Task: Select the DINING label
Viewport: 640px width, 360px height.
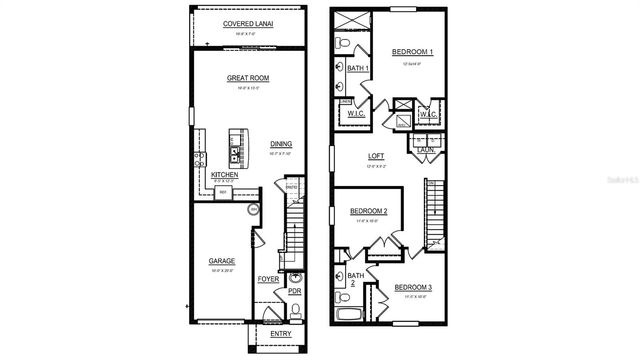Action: point(281,144)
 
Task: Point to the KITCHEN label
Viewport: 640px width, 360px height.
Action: point(224,174)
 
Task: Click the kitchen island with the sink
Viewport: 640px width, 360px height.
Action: point(237,147)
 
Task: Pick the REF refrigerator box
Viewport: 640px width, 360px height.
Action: point(225,191)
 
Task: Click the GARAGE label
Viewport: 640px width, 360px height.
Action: point(222,261)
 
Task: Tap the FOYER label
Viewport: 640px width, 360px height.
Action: point(268,279)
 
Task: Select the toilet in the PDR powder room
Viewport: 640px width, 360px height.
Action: point(295,309)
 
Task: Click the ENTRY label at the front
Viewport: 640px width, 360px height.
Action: point(267,333)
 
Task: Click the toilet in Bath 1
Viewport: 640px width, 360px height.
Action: point(342,46)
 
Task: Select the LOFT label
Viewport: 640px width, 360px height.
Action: point(376,155)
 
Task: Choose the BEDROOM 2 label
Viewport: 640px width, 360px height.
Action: point(368,211)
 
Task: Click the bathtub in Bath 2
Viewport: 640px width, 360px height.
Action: point(351,314)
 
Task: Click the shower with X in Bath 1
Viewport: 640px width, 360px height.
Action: point(350,21)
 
